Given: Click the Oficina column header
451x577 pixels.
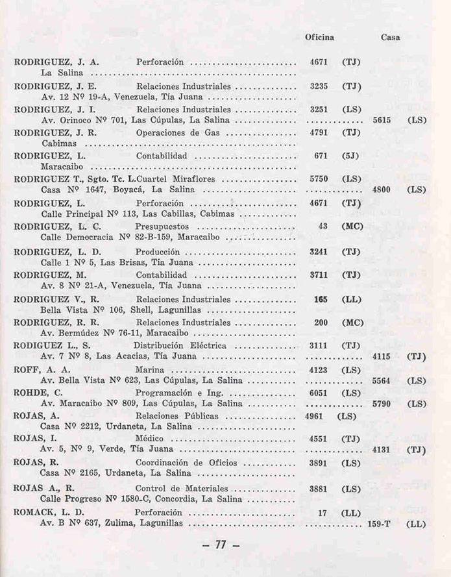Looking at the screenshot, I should click(x=319, y=37).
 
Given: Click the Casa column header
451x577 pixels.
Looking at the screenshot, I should click(x=390, y=37).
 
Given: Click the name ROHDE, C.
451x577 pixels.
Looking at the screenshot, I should click(x=38, y=393).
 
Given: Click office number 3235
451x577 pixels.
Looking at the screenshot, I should click(x=319, y=86).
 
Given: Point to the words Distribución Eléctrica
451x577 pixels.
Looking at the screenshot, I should click(x=175, y=346).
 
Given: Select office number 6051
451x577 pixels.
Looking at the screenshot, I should click(x=319, y=393).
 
